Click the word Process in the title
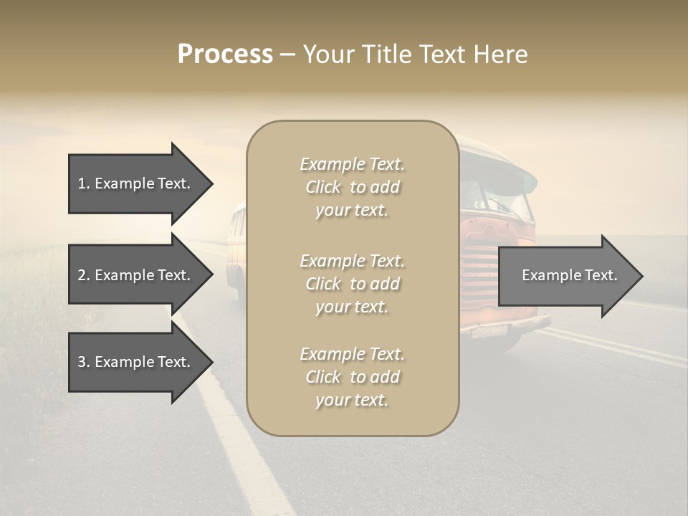click(225, 54)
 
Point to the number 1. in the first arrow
click(84, 183)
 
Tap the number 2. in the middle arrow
click(84, 275)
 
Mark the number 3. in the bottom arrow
click(84, 362)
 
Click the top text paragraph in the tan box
click(352, 187)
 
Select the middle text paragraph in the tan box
click(352, 284)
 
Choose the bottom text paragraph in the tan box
click(352, 377)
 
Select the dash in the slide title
click(288, 55)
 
